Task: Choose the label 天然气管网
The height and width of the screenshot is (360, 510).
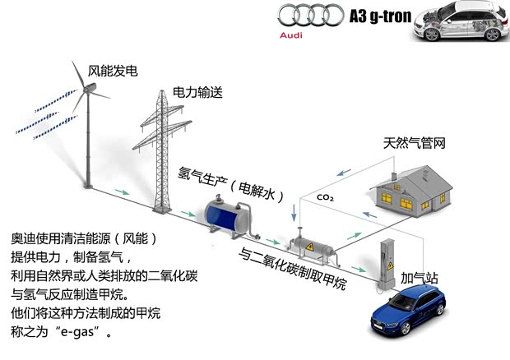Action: pos(414,144)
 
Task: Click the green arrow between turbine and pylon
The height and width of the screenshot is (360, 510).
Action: pos(122,195)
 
